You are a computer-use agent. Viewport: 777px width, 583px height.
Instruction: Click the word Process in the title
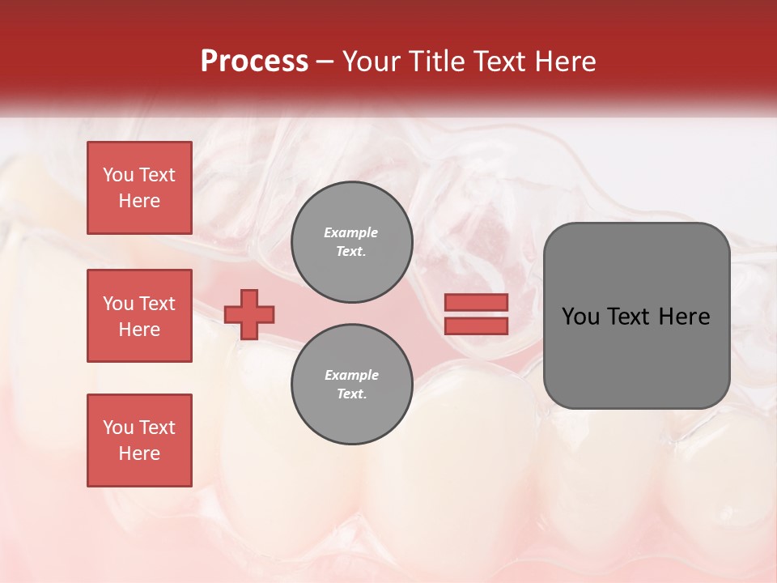[254, 62]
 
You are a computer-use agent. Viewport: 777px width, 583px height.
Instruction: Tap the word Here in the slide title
[564, 62]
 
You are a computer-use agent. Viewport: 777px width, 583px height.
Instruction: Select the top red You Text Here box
[139, 188]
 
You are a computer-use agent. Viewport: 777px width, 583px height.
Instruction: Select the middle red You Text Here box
[139, 316]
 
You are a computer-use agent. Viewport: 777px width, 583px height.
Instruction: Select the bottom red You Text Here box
[139, 440]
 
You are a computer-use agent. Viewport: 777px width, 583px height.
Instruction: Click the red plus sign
[249, 314]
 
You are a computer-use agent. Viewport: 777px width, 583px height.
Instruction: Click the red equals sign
[476, 314]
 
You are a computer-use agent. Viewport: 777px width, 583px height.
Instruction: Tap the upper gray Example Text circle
[351, 242]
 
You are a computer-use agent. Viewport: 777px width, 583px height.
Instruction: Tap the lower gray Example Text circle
[351, 385]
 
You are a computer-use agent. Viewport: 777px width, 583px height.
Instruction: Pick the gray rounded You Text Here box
[636, 316]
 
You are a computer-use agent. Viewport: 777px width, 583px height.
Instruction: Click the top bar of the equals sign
[476, 302]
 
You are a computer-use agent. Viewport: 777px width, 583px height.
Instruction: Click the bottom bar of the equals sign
[476, 326]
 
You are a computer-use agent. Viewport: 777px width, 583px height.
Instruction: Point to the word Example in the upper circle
[351, 232]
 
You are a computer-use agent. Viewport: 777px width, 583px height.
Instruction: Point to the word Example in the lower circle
[351, 375]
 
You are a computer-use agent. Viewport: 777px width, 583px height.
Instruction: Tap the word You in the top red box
[118, 175]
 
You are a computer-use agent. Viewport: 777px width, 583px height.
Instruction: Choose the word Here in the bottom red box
[139, 453]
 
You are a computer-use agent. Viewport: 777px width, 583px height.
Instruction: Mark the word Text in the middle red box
[158, 304]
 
